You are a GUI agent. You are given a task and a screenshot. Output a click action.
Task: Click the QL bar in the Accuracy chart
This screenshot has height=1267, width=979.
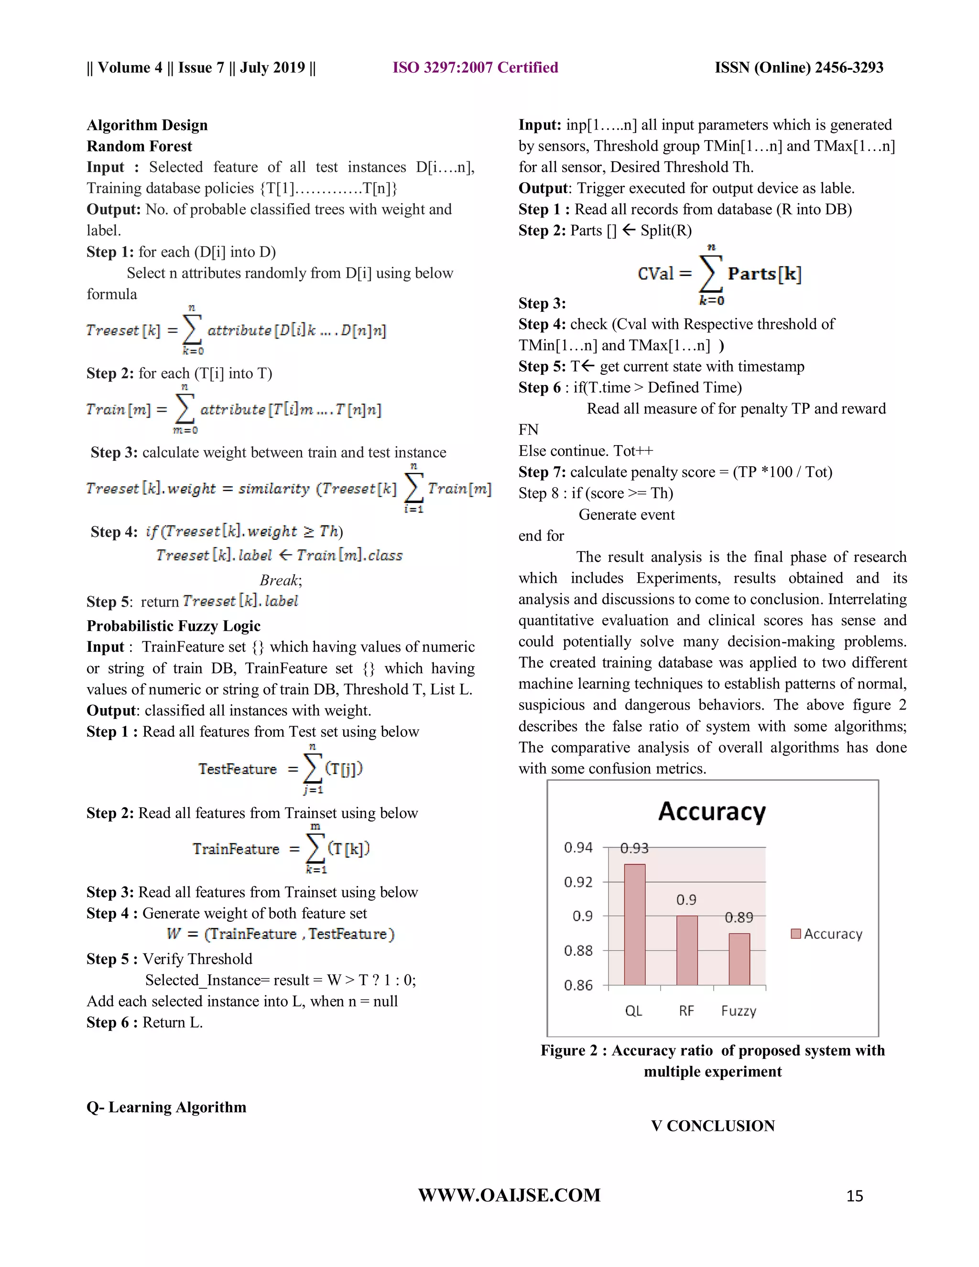(x=634, y=925)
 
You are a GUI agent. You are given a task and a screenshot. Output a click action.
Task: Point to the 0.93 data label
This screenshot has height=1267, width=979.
(x=634, y=848)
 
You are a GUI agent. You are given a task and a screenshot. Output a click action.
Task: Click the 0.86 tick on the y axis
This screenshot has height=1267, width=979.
(x=578, y=985)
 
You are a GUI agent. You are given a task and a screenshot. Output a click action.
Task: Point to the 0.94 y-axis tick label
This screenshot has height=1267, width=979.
(x=578, y=848)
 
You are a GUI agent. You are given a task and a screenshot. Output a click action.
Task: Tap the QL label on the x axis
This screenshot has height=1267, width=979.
(x=633, y=1011)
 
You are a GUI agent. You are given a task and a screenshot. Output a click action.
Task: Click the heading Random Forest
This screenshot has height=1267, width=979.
(x=139, y=146)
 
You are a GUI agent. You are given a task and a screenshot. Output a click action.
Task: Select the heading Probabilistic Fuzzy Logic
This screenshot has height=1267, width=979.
(x=174, y=625)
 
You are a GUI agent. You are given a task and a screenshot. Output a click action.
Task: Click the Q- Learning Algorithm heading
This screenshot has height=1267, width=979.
(x=166, y=1107)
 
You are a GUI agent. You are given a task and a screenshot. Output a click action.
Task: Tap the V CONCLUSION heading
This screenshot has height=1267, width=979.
(x=712, y=1125)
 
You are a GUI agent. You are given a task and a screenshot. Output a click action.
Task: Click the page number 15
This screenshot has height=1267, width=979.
(x=854, y=1196)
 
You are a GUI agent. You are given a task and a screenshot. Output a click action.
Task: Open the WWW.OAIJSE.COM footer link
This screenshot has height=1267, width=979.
(x=509, y=1195)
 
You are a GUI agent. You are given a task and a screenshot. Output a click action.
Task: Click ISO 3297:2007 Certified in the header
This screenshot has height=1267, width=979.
(x=475, y=67)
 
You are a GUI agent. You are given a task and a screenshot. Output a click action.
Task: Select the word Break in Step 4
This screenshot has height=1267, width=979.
(x=279, y=579)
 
